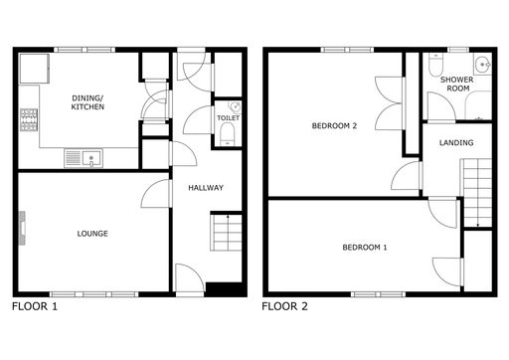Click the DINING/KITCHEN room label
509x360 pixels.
click(87, 102)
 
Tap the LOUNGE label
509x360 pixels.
click(92, 234)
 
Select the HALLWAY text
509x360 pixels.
click(206, 188)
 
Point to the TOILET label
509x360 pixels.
click(228, 118)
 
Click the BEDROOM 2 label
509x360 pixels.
click(334, 126)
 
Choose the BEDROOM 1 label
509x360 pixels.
click(365, 248)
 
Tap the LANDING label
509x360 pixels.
click(456, 143)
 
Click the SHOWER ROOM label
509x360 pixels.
click(457, 85)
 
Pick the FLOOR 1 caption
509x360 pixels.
click(35, 306)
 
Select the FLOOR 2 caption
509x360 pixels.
click(284, 306)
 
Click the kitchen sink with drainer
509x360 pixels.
click(84, 158)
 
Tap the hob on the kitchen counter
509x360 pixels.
click(29, 119)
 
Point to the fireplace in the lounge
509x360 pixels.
click(22, 228)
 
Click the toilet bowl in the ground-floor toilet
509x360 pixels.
click(228, 134)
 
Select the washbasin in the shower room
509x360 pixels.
click(482, 65)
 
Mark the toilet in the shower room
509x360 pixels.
click(435, 64)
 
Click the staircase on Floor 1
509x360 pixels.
click(226, 233)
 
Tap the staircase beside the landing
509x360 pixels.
click(477, 193)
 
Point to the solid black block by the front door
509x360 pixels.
click(226, 289)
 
